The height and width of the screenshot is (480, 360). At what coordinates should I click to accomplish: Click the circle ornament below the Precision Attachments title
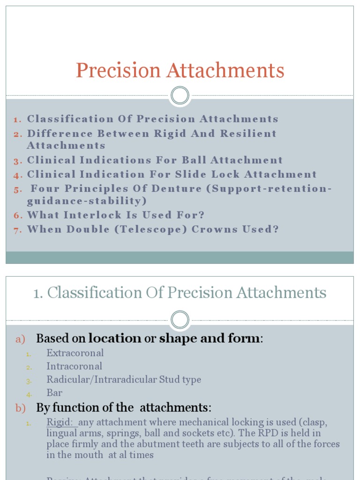pyautogui.click(x=180, y=96)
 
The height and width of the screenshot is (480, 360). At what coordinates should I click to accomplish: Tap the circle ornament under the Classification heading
pyautogui.click(x=180, y=320)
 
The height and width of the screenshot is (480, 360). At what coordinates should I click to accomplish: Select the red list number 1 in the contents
pyautogui.click(x=17, y=120)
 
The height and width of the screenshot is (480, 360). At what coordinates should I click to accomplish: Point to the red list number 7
pyautogui.click(x=18, y=230)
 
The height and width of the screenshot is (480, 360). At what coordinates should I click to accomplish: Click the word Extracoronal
pyautogui.click(x=75, y=353)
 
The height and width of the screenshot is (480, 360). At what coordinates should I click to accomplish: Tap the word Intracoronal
pyautogui.click(x=74, y=366)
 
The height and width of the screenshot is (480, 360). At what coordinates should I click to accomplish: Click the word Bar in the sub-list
pyautogui.click(x=54, y=393)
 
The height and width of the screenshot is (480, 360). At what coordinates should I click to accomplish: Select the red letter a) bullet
pyautogui.click(x=21, y=339)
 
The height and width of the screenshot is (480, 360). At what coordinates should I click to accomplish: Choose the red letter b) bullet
pyautogui.click(x=21, y=408)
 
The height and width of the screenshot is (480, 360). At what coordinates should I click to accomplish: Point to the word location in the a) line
pyautogui.click(x=114, y=338)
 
